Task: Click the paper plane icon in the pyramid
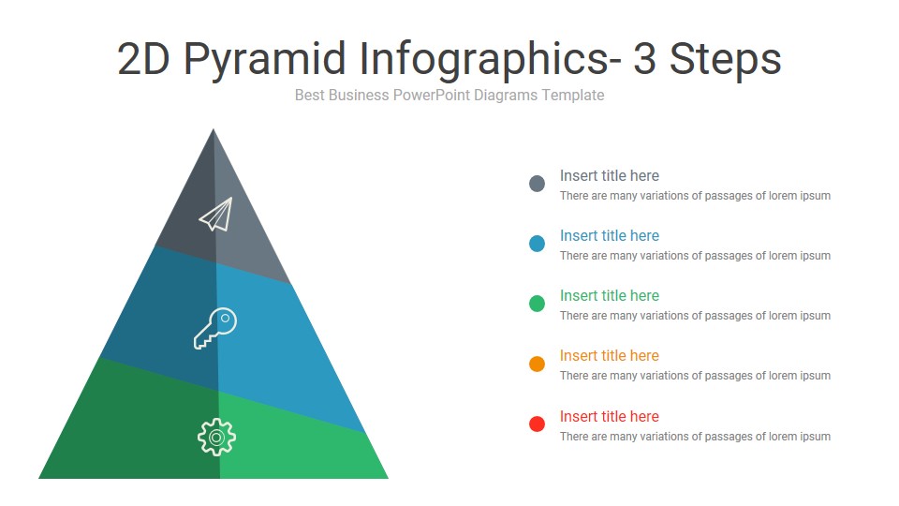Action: pyautogui.click(x=215, y=215)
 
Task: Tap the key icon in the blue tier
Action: pyautogui.click(x=215, y=328)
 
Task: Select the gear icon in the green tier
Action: pyautogui.click(x=216, y=437)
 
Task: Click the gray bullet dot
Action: pyautogui.click(x=537, y=184)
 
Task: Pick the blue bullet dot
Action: pyautogui.click(x=537, y=244)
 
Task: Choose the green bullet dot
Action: pyautogui.click(x=537, y=304)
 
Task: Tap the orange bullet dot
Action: pyautogui.click(x=537, y=364)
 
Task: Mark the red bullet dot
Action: pyautogui.click(x=537, y=424)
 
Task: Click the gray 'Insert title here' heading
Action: pyautogui.click(x=609, y=175)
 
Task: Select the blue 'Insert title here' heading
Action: pyautogui.click(x=609, y=235)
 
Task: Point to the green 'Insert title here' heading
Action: pyautogui.click(x=609, y=295)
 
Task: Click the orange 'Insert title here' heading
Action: pyautogui.click(x=609, y=355)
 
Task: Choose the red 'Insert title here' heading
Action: pyautogui.click(x=609, y=416)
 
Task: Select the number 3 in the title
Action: pyautogui.click(x=644, y=60)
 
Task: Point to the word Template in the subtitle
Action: pyautogui.click(x=573, y=96)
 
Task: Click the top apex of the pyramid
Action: pyautogui.click(x=214, y=131)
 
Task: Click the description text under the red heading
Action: pyautogui.click(x=695, y=437)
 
